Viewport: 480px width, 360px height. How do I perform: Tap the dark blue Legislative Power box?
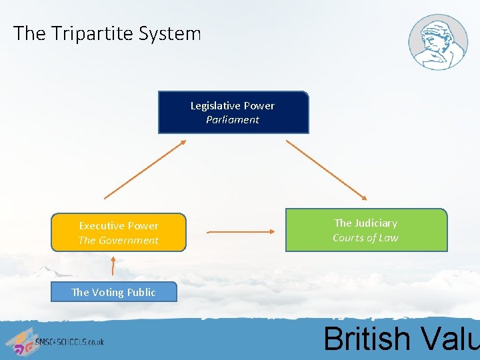point(233,113)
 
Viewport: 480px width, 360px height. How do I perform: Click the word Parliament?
point(233,120)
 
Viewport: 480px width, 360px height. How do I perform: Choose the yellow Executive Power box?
point(119,233)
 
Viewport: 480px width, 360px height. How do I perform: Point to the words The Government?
point(119,241)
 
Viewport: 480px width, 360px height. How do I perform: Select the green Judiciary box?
point(366,230)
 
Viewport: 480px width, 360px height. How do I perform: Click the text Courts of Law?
point(365,238)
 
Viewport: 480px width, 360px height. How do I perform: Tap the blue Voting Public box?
point(113,292)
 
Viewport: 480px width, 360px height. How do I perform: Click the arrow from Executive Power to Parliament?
point(146,169)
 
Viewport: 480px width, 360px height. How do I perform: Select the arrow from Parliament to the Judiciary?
point(327,170)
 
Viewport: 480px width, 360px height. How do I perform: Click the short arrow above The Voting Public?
point(113,265)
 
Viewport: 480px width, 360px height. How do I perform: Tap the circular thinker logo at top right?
point(438,42)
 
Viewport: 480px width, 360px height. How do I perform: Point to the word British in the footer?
point(365,338)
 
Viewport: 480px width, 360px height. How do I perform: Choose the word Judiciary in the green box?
point(375,223)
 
